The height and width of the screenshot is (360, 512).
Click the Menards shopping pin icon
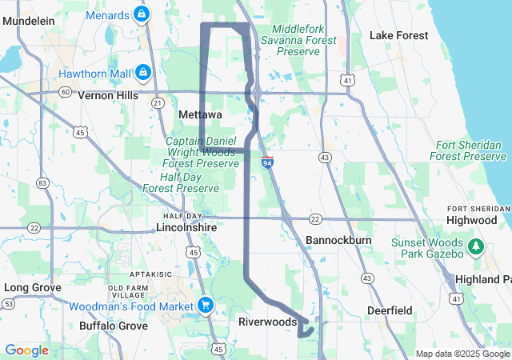point(142,14)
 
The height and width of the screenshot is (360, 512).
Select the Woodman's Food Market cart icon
point(205,305)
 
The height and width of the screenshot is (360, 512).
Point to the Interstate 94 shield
point(267,162)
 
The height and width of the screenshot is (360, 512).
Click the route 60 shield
point(64,92)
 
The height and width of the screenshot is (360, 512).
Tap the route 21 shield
point(158,102)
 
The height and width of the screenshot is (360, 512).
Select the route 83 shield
point(42,183)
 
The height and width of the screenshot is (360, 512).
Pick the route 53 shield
point(8,304)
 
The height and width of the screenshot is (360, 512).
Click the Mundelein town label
point(26,21)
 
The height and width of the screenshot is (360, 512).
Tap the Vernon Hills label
point(108,94)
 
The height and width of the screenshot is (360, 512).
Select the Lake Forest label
point(398,35)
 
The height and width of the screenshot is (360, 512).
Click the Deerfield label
point(389,310)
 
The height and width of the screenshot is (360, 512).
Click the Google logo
point(26,350)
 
